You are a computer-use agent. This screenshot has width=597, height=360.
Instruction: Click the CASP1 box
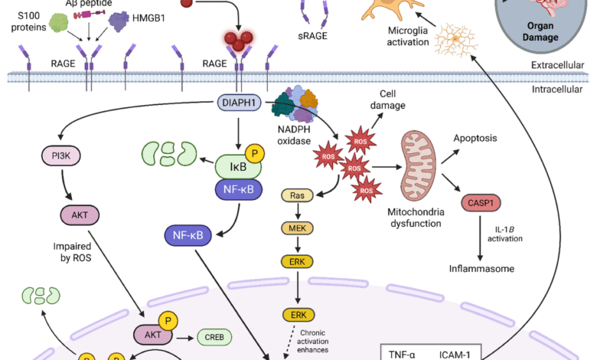click(x=477, y=204)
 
